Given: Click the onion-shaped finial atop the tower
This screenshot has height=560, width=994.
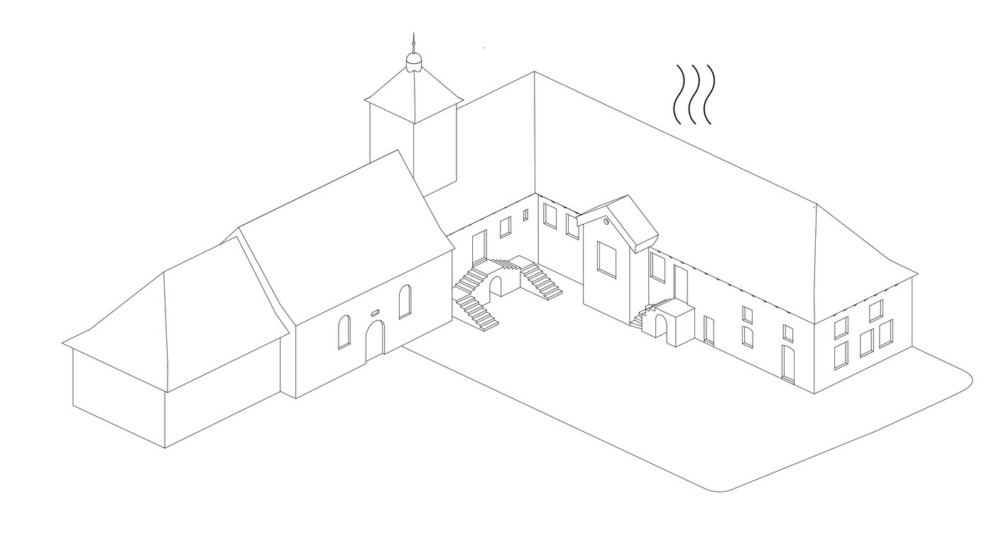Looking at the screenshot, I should click(413, 63).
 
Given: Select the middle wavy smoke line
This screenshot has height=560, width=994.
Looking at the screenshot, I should click(694, 95).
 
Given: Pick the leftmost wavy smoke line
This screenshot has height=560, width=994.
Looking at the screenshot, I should click(678, 95).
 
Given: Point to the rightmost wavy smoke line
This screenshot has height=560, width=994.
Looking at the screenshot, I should click(707, 95).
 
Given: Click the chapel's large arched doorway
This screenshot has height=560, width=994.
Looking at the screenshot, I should click(374, 340).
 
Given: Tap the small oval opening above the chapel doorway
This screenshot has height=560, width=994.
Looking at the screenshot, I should click(376, 312).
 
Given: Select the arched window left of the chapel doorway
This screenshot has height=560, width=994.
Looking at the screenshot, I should click(344, 332).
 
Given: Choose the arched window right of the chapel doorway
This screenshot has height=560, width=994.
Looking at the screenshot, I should click(405, 301).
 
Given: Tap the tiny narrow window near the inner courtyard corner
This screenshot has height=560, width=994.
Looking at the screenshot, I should click(525, 215).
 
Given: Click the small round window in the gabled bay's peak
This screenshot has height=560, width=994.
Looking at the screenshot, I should click(605, 222).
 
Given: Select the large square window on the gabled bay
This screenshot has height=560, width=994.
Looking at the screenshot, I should click(607, 258).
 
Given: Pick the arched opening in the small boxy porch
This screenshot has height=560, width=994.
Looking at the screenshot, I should click(661, 327).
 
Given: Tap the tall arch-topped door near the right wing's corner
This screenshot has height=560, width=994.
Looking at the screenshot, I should click(787, 363).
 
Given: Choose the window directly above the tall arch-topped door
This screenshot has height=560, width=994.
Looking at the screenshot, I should click(787, 333).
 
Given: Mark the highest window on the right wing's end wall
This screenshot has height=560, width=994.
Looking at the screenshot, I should click(876, 310).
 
